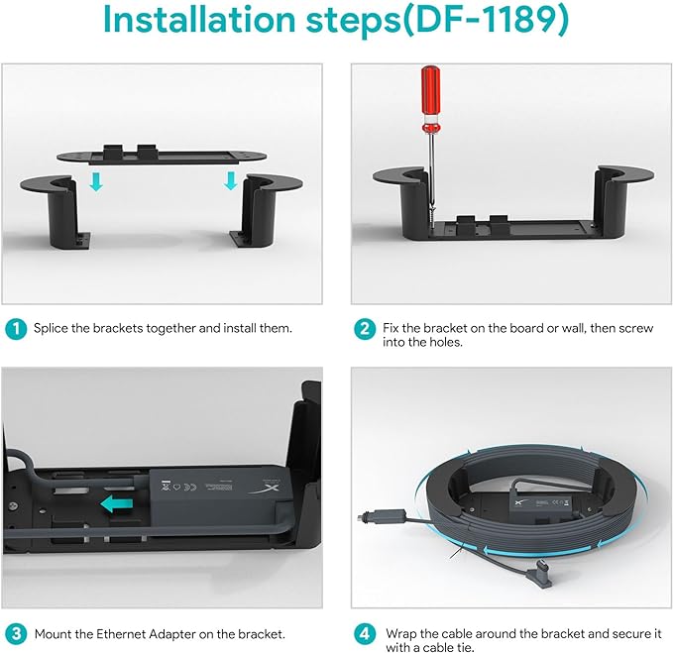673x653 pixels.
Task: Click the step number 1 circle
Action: click(x=16, y=329)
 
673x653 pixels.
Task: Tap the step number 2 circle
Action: click(x=365, y=329)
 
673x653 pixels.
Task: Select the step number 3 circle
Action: click(x=16, y=634)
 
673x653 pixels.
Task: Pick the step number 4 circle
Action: click(x=365, y=634)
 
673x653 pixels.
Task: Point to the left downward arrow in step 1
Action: click(x=96, y=181)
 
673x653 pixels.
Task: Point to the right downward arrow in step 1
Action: click(x=231, y=180)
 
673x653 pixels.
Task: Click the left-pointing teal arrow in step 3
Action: click(x=117, y=504)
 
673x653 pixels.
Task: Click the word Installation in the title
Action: click(x=199, y=19)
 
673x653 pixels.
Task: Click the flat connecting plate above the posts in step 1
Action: click(x=163, y=156)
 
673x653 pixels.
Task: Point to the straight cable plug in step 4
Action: click(x=382, y=515)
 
